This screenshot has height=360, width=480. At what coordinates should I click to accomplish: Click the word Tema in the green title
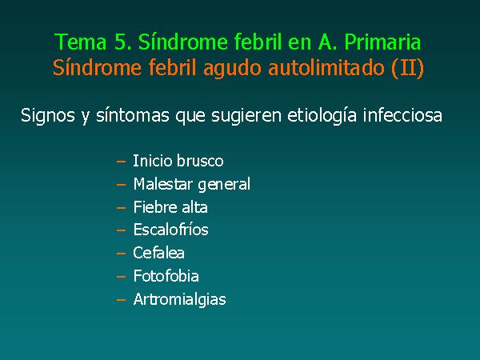[x=81, y=42]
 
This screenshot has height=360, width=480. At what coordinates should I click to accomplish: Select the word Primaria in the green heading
[x=382, y=42]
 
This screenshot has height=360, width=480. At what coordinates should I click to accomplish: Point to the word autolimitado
[x=326, y=68]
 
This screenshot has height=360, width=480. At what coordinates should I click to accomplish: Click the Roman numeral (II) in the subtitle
[x=408, y=68]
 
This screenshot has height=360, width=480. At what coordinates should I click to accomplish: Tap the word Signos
[x=48, y=116]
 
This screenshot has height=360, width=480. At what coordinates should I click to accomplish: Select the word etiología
[x=322, y=116]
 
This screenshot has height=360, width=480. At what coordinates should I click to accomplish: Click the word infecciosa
[x=402, y=114]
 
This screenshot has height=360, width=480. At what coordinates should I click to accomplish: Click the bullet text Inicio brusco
[x=178, y=161]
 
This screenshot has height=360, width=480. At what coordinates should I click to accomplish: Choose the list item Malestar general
[x=192, y=185]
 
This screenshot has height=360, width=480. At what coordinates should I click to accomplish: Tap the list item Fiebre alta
[x=170, y=207]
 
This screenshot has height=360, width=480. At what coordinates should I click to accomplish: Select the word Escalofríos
[x=171, y=230]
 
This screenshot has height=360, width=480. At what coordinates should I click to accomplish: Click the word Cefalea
[x=158, y=253]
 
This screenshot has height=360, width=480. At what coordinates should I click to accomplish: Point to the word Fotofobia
[x=166, y=276]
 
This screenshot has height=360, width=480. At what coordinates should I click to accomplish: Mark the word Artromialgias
[x=180, y=300]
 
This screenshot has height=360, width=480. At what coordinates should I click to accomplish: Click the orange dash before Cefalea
[x=122, y=254]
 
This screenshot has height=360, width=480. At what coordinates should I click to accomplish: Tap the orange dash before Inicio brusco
[x=122, y=162]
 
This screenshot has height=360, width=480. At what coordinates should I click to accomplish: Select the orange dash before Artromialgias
[x=122, y=300]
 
